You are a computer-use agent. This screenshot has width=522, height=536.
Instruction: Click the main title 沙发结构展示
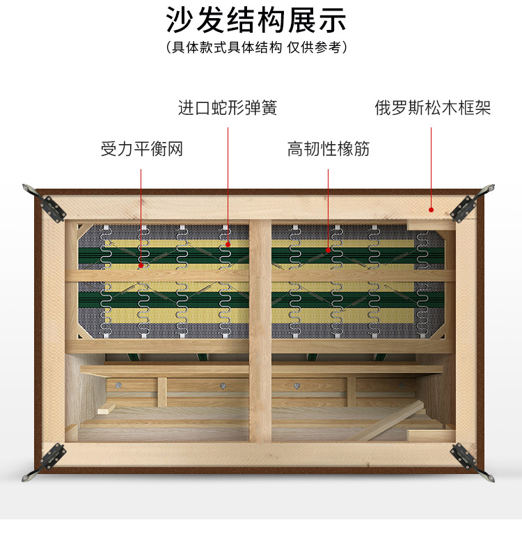[x=256, y=19]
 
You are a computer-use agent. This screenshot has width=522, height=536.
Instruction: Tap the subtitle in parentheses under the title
[x=256, y=47]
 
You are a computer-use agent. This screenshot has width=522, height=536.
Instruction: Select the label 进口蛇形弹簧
[x=228, y=108]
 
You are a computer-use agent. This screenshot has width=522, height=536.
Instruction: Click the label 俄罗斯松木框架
[x=432, y=108]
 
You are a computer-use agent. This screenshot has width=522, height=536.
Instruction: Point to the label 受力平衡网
[x=142, y=149]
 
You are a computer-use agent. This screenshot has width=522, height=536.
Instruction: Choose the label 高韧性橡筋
[x=329, y=149]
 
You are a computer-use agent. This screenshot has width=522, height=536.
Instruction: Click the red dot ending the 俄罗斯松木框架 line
[x=431, y=210]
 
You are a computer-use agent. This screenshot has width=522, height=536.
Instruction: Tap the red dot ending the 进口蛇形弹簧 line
[x=228, y=244]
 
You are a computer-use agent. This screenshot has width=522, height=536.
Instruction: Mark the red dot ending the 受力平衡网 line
[x=141, y=265]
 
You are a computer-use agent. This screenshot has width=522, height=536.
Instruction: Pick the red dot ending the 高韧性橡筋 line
[x=329, y=250]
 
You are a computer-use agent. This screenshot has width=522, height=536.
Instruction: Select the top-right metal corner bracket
[x=472, y=203]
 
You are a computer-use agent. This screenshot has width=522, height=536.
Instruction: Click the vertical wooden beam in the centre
[x=260, y=331]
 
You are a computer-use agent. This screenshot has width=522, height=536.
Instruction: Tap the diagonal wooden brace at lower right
[x=391, y=421]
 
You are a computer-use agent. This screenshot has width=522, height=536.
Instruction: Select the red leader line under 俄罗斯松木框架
[x=431, y=168]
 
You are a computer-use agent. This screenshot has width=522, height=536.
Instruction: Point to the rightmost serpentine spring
[x=422, y=285]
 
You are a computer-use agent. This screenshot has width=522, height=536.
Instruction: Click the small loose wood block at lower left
[x=106, y=409]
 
